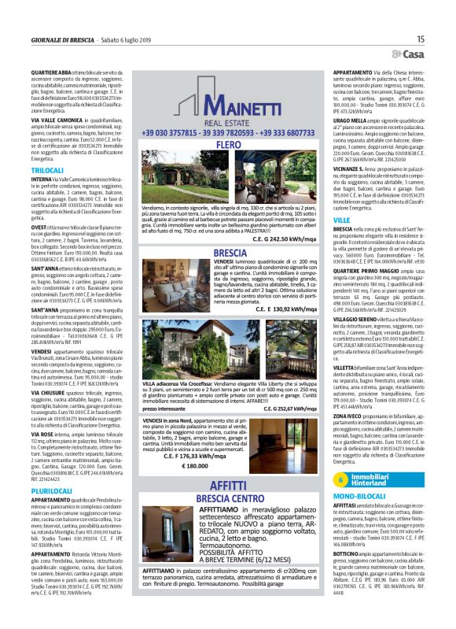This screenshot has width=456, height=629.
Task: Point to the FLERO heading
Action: pyautogui.click(x=228, y=124)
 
